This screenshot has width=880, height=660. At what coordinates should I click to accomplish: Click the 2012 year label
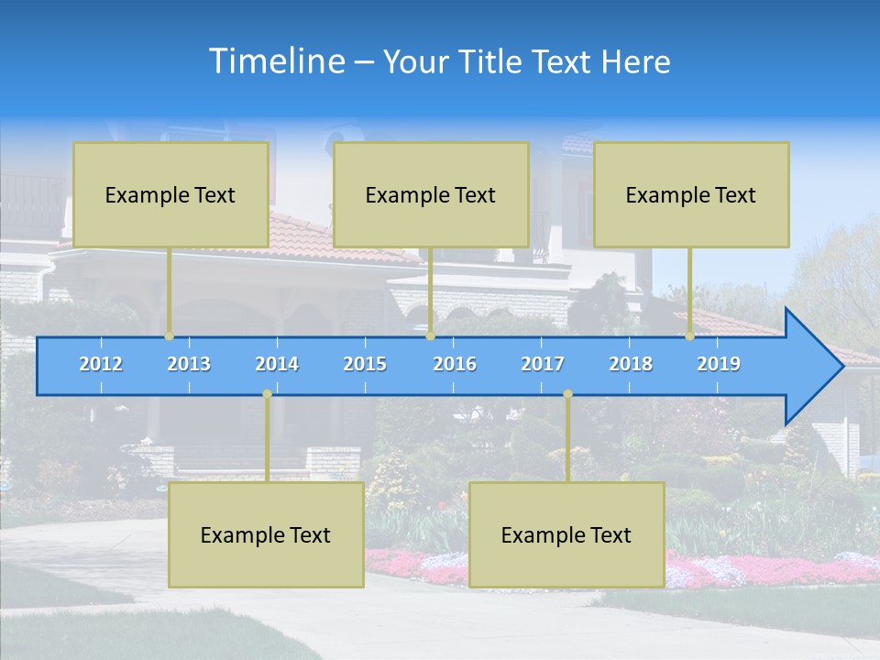click(101, 364)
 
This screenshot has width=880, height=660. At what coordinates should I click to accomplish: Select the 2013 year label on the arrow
click(189, 364)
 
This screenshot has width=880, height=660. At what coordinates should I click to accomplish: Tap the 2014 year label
click(277, 364)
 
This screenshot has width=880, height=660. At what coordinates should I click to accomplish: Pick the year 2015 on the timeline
click(365, 364)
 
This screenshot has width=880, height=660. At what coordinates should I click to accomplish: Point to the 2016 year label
click(455, 364)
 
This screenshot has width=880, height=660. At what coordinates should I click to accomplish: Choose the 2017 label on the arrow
click(543, 364)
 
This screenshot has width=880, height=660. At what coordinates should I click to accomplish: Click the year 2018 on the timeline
click(631, 364)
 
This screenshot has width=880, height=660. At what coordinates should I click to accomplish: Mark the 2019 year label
click(719, 364)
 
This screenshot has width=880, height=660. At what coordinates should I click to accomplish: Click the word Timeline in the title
click(276, 61)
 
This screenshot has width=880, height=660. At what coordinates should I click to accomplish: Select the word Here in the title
click(635, 61)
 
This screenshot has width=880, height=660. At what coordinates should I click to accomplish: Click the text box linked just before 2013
click(170, 194)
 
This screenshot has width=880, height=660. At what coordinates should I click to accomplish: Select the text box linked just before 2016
click(431, 194)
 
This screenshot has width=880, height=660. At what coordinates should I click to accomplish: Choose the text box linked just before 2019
click(691, 194)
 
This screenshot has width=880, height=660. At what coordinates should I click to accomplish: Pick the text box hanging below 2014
click(266, 534)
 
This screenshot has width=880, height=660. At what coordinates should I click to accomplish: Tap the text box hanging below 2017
click(566, 534)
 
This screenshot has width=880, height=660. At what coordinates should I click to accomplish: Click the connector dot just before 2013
click(170, 336)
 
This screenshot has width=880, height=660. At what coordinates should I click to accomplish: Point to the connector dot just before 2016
click(430, 336)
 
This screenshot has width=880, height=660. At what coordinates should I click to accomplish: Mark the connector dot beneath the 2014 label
click(267, 394)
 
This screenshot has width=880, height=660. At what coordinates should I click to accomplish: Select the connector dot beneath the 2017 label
click(567, 394)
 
